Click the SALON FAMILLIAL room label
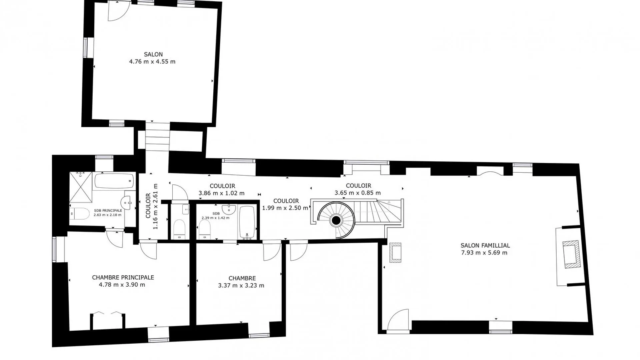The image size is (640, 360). (485, 245)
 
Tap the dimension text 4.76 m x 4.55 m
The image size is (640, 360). (152, 62)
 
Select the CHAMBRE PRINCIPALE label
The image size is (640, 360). (123, 277)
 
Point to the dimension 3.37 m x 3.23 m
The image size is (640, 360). (241, 286)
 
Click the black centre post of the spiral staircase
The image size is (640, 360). (336, 220)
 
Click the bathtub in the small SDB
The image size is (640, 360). (247, 222)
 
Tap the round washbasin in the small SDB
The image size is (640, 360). (229, 209)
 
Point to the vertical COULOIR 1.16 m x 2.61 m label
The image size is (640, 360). (152, 206)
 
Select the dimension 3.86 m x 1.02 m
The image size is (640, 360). (221, 193)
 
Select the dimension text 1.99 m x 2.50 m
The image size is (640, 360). (285, 208)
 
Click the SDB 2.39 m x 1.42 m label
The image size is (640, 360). (215, 216)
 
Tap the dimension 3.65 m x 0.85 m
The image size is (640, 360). (358, 193)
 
